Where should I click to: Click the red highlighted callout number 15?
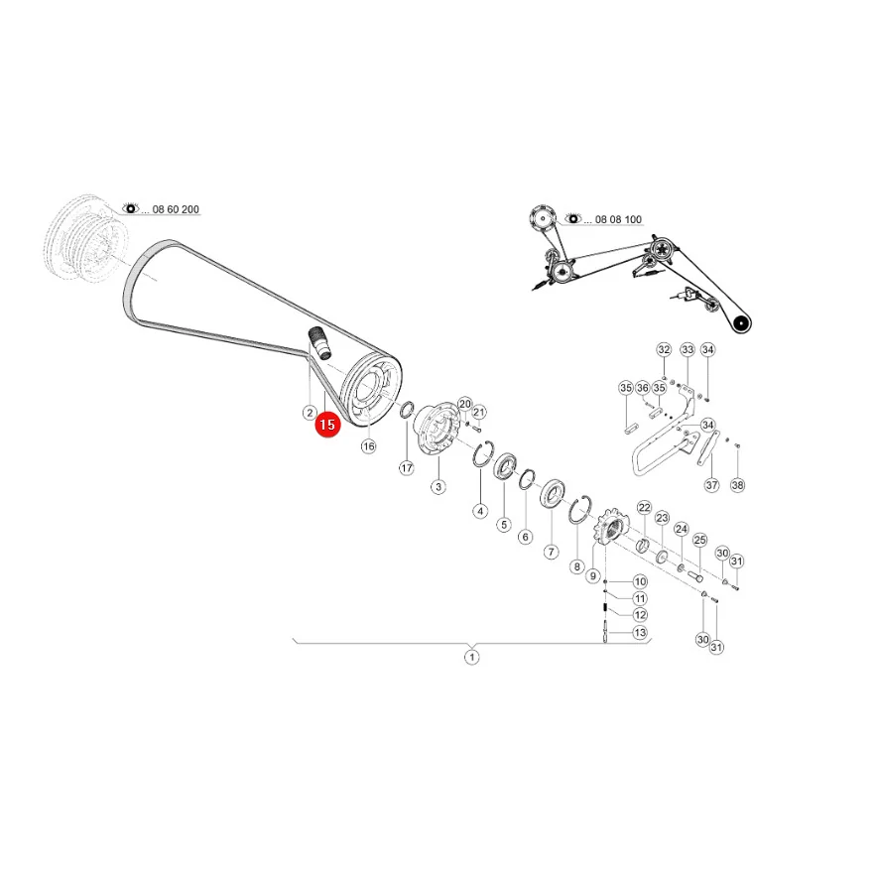[327, 425]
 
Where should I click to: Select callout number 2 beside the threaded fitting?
[310, 413]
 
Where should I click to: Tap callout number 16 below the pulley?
[368, 445]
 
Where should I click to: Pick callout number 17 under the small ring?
[407, 467]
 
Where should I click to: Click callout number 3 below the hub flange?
[438, 486]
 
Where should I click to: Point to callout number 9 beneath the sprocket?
[592, 575]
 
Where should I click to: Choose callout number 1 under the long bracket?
[472, 657]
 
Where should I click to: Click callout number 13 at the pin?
[640, 632]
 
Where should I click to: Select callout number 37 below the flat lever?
[712, 485]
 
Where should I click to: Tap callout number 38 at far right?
[738, 485]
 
